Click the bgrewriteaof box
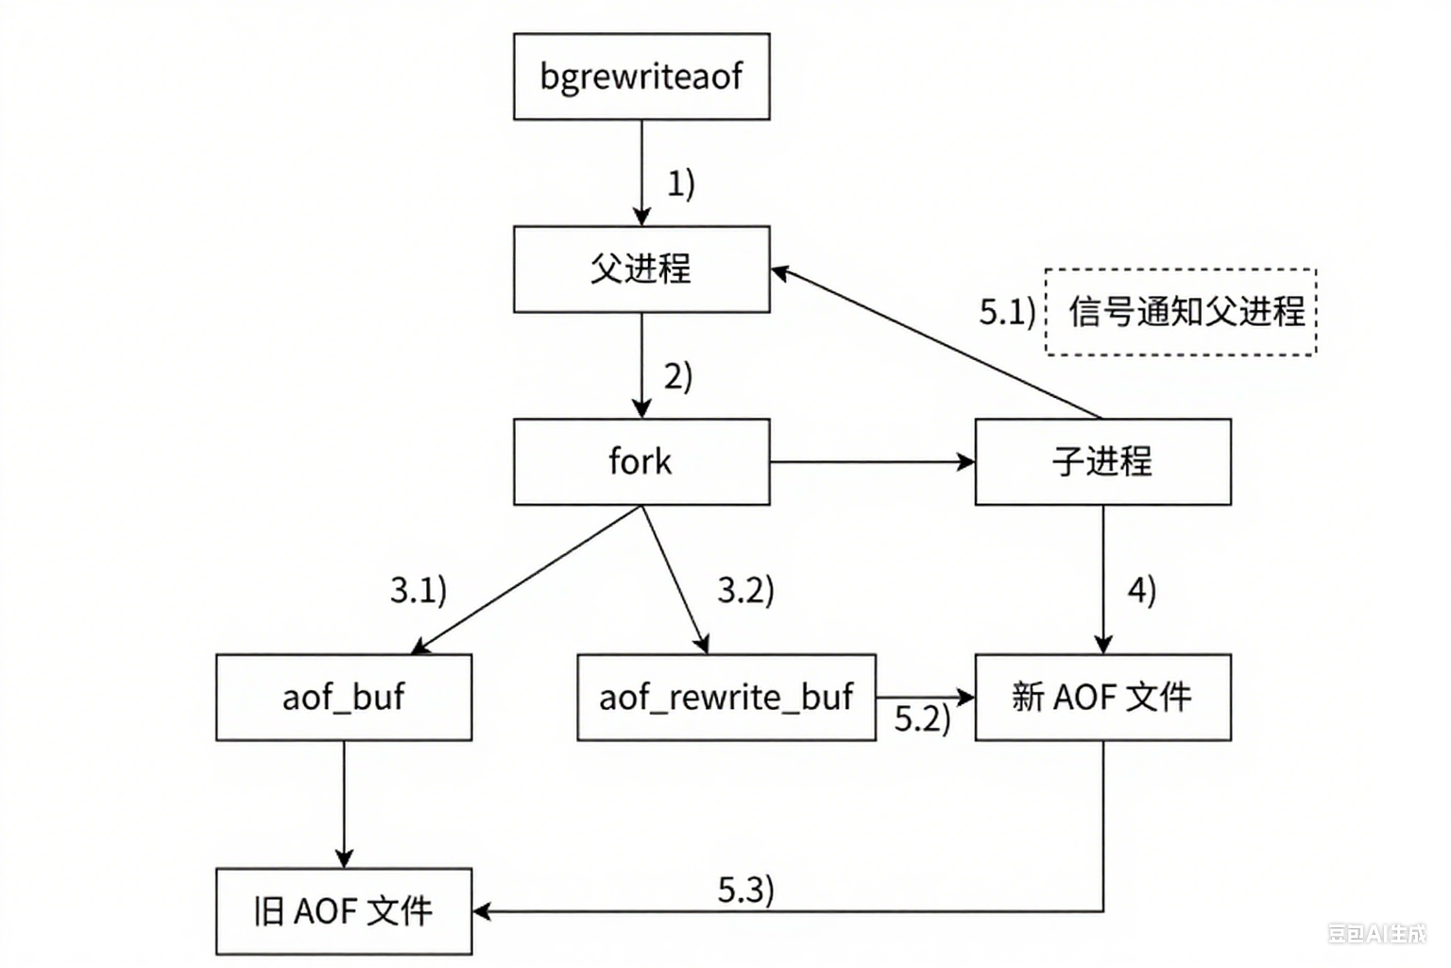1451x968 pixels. (x=641, y=77)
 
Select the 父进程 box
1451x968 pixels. (x=641, y=269)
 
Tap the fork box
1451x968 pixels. (x=641, y=462)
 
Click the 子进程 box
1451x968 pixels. (x=1102, y=462)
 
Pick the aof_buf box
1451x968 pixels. (x=344, y=698)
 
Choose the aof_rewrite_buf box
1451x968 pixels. (x=725, y=698)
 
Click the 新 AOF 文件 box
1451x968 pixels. (x=1102, y=698)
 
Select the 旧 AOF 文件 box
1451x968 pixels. (x=344, y=911)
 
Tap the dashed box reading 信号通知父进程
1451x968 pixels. (x=1181, y=312)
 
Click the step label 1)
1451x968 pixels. (x=681, y=183)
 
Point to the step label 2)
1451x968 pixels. (x=678, y=376)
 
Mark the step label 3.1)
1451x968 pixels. (x=418, y=591)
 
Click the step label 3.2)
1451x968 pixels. (x=745, y=591)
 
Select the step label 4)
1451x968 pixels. (x=1142, y=591)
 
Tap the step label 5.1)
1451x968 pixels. (x=1007, y=312)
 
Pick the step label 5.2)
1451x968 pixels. (x=922, y=719)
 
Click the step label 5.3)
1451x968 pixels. (x=745, y=890)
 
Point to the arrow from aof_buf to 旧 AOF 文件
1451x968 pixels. (x=344, y=804)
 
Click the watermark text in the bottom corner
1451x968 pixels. (x=1376, y=934)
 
